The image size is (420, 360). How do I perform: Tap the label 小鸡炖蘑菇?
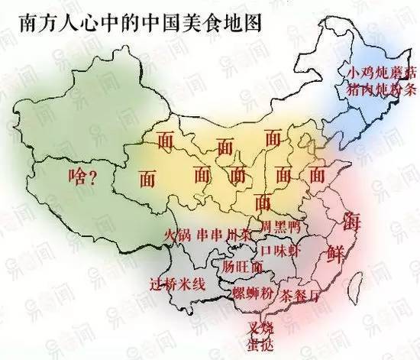[x=382, y=73]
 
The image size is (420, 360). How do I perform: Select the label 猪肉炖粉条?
[x=382, y=91]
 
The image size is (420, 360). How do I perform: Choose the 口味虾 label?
[x=276, y=250]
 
